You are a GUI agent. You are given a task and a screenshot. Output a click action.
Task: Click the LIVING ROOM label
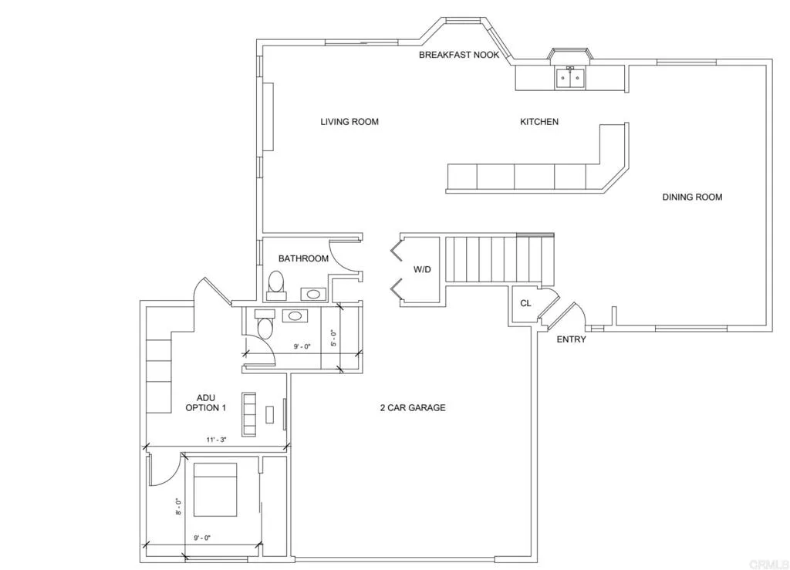(x=349, y=122)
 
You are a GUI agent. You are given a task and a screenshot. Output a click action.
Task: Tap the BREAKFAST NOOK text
(x=459, y=56)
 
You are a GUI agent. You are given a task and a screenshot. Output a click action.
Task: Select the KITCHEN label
(x=539, y=122)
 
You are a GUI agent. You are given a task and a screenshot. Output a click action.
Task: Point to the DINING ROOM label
(x=692, y=197)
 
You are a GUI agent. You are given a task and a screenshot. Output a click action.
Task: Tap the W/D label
(x=422, y=270)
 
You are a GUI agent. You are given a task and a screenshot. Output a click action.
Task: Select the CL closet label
(x=525, y=304)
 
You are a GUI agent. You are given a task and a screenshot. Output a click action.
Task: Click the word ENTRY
(x=572, y=339)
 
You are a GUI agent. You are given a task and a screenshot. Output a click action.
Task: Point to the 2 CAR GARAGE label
(x=412, y=408)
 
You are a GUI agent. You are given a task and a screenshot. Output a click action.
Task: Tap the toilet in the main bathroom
(x=275, y=286)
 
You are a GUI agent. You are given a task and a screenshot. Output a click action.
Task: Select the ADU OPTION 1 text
(x=206, y=403)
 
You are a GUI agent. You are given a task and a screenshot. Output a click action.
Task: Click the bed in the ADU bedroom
(x=215, y=490)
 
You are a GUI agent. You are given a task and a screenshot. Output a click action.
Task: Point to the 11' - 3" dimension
(x=216, y=440)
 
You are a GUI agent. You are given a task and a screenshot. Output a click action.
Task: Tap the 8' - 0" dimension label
(x=178, y=506)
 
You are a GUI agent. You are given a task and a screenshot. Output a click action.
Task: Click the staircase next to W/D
(x=500, y=261)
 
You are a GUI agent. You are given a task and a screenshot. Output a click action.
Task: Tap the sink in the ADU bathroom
(x=295, y=315)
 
